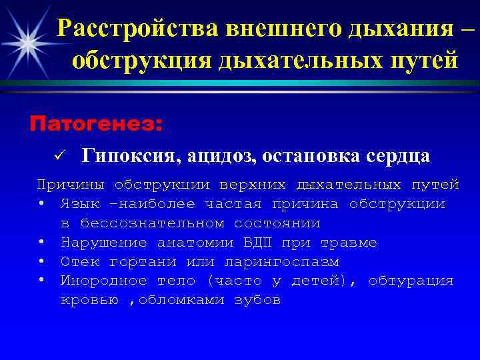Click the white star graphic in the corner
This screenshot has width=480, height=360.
click(x=28, y=41)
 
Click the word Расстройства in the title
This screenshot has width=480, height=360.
click(x=139, y=28)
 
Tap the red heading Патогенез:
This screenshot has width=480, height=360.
click(x=96, y=123)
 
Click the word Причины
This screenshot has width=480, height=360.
click(x=71, y=184)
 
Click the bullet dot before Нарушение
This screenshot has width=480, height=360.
click(x=41, y=242)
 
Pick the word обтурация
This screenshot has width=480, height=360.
click(x=411, y=281)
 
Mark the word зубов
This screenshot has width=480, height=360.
click(x=257, y=300)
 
